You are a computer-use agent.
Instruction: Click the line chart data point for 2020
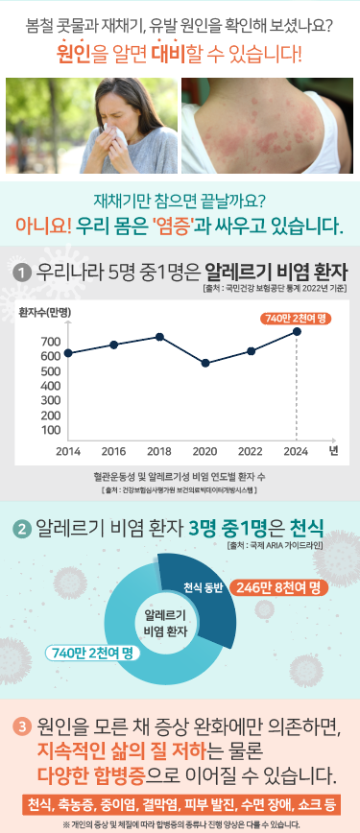click(x=205, y=364)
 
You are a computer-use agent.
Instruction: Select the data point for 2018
click(x=159, y=337)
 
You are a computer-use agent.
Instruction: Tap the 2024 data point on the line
click(x=298, y=331)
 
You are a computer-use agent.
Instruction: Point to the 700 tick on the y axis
click(x=51, y=341)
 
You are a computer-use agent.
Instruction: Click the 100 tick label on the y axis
click(x=51, y=430)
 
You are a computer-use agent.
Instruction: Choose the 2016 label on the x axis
click(x=113, y=450)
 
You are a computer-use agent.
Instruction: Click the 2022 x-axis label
click(x=251, y=450)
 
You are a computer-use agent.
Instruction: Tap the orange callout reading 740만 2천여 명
click(x=297, y=318)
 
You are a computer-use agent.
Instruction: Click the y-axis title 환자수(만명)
click(x=45, y=313)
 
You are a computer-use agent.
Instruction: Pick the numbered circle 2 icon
click(x=20, y=529)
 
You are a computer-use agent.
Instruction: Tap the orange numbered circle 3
click(x=20, y=726)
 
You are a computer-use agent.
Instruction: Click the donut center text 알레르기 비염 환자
click(x=164, y=623)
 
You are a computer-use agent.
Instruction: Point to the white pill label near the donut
click(x=94, y=653)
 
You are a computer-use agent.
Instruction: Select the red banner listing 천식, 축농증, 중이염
click(x=180, y=803)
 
